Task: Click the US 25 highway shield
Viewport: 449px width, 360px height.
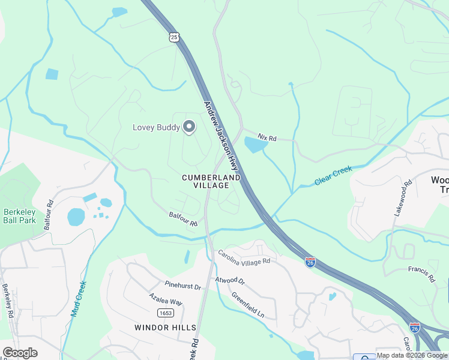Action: click(x=173, y=37)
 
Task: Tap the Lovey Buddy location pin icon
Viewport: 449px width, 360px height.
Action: click(x=189, y=127)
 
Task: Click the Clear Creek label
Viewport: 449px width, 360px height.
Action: click(x=333, y=176)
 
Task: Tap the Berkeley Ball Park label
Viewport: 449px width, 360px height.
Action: click(x=20, y=216)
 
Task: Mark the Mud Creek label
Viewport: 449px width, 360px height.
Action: click(x=79, y=299)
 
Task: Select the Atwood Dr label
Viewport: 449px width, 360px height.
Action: click(x=231, y=280)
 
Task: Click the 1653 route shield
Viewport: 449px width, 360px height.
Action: click(x=166, y=313)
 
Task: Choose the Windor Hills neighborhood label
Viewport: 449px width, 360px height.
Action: click(x=165, y=327)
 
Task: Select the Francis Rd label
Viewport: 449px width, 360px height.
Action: click(x=421, y=274)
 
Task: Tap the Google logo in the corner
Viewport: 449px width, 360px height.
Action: click(x=20, y=353)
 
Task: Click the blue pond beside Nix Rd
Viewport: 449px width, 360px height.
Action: click(x=255, y=145)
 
